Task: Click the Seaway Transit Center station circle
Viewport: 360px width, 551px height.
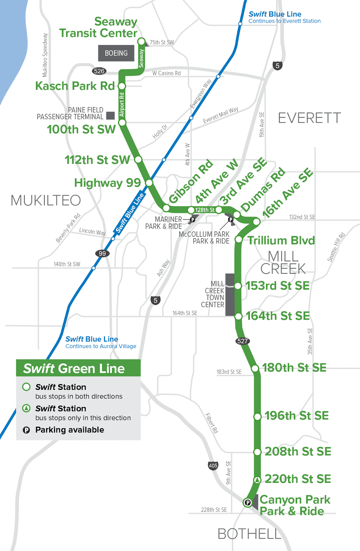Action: pos(141,42)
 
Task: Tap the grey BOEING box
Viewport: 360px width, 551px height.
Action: pos(116,53)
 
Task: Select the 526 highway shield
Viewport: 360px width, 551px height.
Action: pos(99,71)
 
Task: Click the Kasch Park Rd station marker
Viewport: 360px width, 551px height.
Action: pos(122,86)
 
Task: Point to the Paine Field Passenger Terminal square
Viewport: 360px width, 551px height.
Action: pos(110,115)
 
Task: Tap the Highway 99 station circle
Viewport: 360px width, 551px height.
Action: pos(149,183)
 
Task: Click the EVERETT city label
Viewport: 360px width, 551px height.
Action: pos(309,118)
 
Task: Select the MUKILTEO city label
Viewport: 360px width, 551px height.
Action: pos(46,200)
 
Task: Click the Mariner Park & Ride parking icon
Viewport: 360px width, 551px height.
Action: pos(193,219)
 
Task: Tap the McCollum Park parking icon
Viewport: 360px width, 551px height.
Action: pos(231,219)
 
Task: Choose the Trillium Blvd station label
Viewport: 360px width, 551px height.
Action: pos(281,240)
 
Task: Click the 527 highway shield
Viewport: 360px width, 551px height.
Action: pos(242,341)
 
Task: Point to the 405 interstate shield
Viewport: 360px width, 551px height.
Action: pos(213,466)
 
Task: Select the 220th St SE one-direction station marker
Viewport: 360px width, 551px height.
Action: pos(257,479)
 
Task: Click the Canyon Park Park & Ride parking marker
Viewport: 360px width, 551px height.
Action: pos(247,502)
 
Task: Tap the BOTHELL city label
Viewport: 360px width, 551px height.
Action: pos(250,534)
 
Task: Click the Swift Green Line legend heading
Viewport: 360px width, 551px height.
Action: pos(74,368)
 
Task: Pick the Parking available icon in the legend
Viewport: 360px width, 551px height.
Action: pos(27,430)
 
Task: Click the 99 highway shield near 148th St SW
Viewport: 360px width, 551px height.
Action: pos(102,253)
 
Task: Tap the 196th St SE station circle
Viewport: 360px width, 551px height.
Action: pos(257,416)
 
